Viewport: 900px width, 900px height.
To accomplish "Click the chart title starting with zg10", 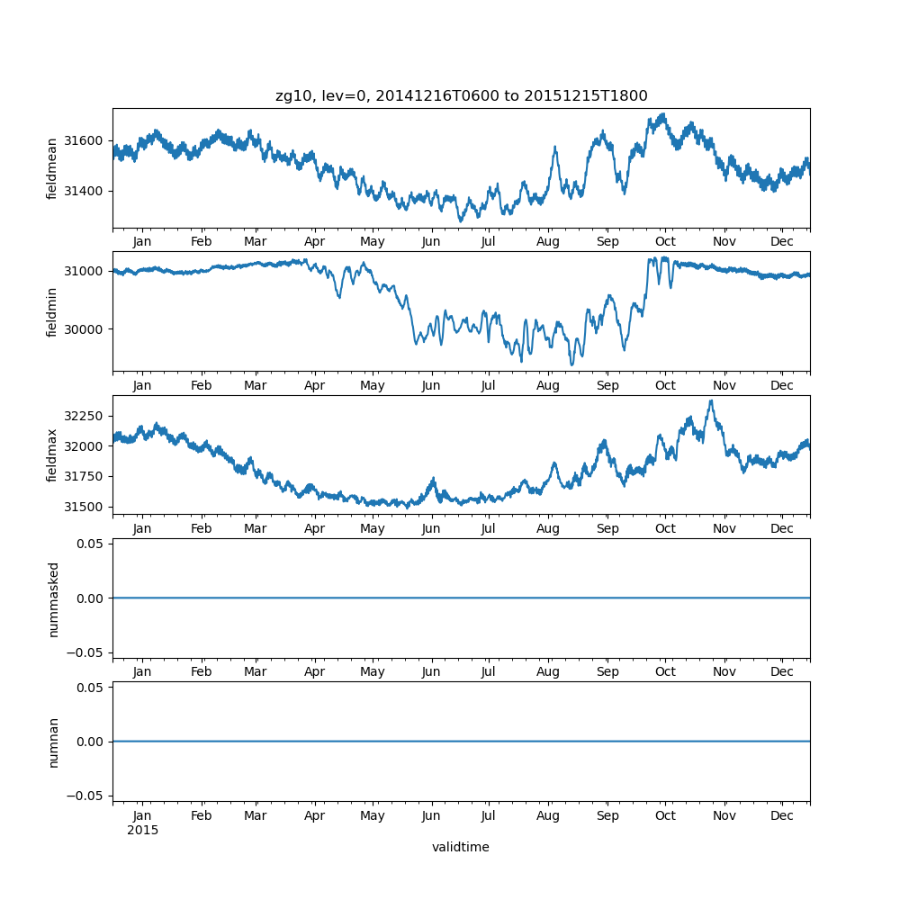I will [461, 96].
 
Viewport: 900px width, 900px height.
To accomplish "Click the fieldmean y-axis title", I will [53, 168].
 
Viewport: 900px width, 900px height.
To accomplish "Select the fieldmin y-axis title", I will [53, 311].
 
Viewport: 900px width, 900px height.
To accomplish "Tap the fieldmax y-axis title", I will [53, 454].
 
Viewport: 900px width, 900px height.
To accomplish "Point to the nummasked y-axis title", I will [53, 598].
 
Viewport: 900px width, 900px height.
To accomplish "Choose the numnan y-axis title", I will [53, 742].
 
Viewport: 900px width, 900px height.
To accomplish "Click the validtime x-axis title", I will [460, 847].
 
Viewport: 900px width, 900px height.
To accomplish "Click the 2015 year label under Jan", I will [142, 830].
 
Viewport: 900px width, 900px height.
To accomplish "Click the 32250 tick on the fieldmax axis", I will [85, 416].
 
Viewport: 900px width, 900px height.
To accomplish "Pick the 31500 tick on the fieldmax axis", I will [85, 507].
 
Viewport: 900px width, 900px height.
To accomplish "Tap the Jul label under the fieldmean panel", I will [488, 242].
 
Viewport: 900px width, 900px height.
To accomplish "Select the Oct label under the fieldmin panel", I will [665, 385].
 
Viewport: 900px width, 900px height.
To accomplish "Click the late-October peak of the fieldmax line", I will [711, 401].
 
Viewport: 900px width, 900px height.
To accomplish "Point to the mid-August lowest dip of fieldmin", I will [571, 364].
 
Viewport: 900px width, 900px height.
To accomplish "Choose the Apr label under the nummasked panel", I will [315, 672].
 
